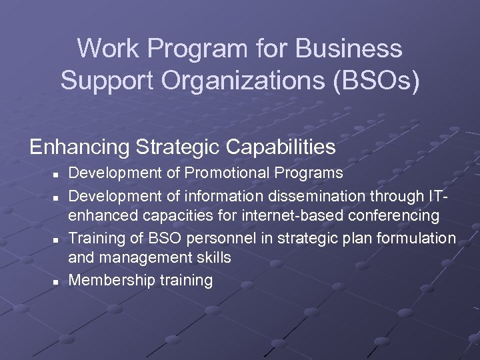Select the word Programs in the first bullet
[311, 173]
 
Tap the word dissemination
[325, 195]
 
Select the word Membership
[112, 280]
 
